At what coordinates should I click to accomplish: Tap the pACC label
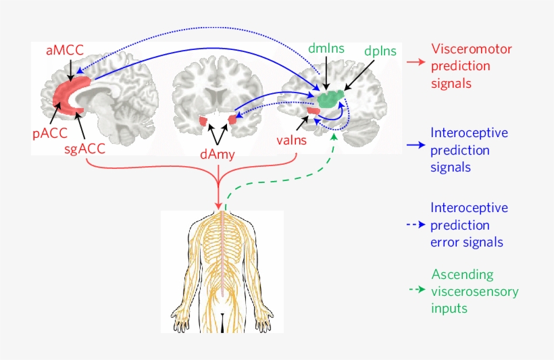(x=49, y=132)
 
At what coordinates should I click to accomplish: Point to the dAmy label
(x=218, y=155)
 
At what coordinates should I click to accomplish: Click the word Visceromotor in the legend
(x=471, y=49)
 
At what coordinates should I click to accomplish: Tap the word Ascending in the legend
(x=462, y=275)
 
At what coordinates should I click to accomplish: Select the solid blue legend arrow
(x=415, y=145)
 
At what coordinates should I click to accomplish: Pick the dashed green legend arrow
(x=415, y=290)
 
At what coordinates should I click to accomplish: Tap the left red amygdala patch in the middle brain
(x=203, y=122)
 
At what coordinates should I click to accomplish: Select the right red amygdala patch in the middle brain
(x=234, y=120)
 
